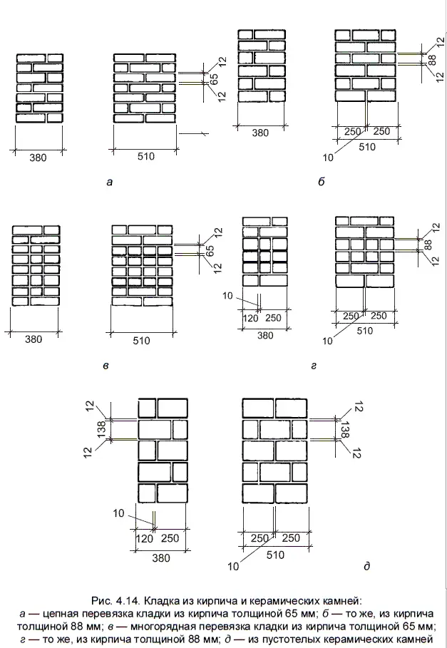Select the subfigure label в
click(x=106, y=366)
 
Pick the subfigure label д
click(x=366, y=567)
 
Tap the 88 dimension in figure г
click(x=428, y=245)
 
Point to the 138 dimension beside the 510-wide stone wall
click(x=345, y=429)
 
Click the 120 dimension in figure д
click(x=145, y=539)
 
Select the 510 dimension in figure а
click(x=145, y=157)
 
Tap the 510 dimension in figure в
click(x=141, y=341)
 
